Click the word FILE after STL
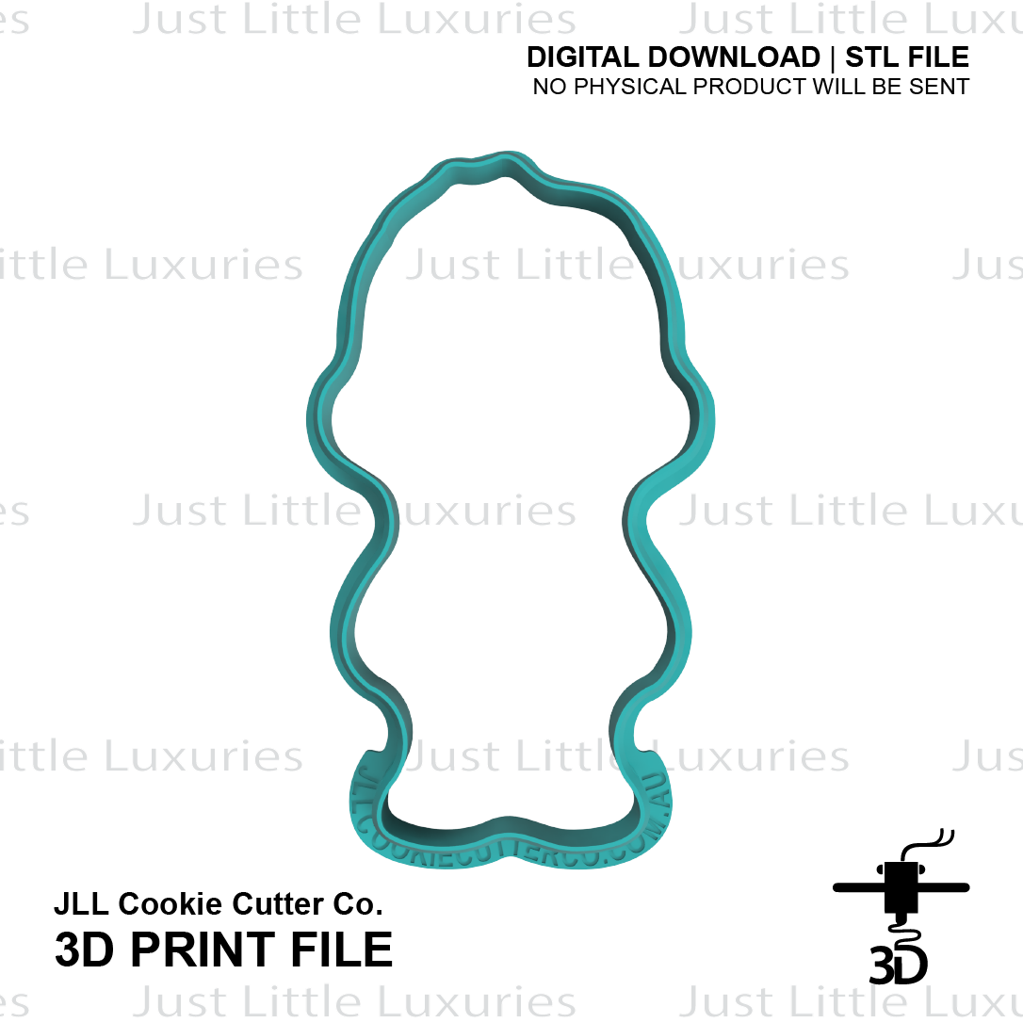coord(938,57)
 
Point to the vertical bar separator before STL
coord(833,57)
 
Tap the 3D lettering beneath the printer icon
coord(898,963)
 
